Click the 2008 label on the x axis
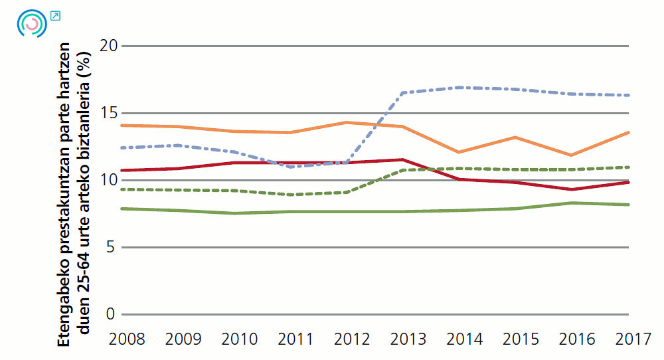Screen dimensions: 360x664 click(x=127, y=339)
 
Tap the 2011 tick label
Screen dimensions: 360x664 click(x=294, y=339)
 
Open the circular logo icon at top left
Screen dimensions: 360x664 click(x=31, y=23)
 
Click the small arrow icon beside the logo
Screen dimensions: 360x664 click(x=55, y=15)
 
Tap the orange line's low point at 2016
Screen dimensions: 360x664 click(x=571, y=155)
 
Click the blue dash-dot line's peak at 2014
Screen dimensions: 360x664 click(x=459, y=87)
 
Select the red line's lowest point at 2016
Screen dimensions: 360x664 click(x=571, y=189)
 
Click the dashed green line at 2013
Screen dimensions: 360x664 click(x=404, y=170)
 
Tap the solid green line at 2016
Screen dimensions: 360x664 click(x=571, y=203)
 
